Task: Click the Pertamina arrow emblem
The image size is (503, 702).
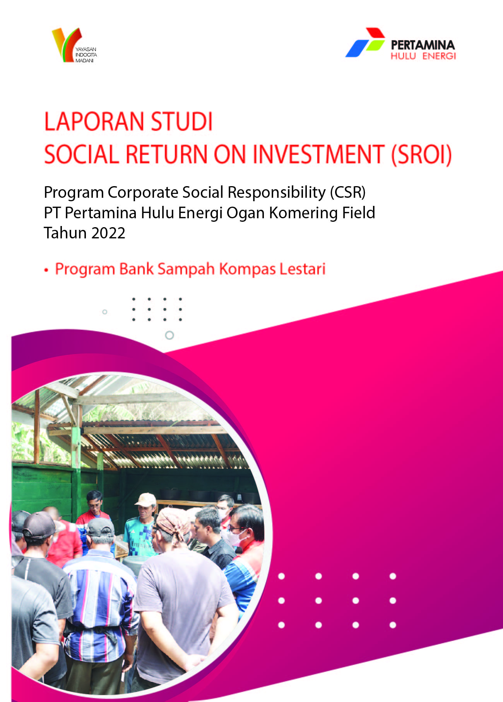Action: pyautogui.click(x=365, y=43)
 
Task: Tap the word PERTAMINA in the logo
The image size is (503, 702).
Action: pyautogui.click(x=423, y=45)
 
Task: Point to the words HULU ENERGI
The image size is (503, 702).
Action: pyautogui.click(x=423, y=56)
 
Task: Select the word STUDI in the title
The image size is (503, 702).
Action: pyautogui.click(x=182, y=122)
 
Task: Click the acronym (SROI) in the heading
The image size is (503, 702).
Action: pyautogui.click(x=421, y=155)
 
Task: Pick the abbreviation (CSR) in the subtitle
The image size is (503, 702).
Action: pyautogui.click(x=347, y=192)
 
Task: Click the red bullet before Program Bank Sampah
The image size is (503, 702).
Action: pyautogui.click(x=46, y=270)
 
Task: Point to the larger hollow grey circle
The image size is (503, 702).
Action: pyautogui.click(x=169, y=335)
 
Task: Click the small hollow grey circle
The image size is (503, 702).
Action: pyautogui.click(x=104, y=312)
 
